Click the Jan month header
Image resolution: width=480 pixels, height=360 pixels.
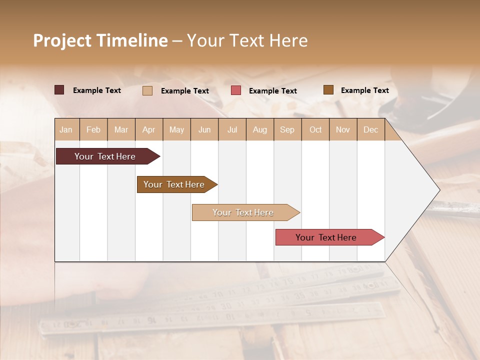point(66,130)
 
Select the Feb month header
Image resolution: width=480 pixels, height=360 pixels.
point(93,130)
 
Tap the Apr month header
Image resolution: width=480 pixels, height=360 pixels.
point(148,130)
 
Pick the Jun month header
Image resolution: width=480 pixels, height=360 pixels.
point(204,130)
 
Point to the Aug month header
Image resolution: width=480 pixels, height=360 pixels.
point(259,130)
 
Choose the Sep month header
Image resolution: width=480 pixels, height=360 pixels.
point(287,130)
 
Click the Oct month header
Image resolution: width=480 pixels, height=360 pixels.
point(315,130)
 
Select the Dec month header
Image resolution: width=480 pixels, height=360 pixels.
point(370,130)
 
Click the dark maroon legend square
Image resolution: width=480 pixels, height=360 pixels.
point(59,90)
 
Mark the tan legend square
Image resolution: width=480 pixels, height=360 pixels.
point(147,90)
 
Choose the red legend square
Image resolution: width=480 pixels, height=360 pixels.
point(236,90)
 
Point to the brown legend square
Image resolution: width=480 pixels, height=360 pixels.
point(328,90)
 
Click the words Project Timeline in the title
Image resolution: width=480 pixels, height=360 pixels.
point(100,40)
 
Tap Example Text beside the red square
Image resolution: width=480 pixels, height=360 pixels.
point(272,91)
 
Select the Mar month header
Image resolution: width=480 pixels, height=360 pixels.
point(121,130)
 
